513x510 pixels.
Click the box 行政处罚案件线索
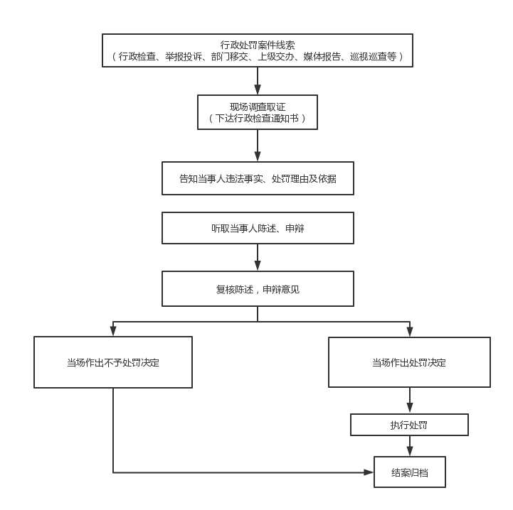click(x=258, y=50)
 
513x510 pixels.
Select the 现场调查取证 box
click(x=258, y=112)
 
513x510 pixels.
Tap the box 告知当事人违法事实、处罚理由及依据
click(x=258, y=178)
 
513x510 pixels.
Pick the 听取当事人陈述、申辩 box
click(x=258, y=228)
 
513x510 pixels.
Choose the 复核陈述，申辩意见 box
click(x=258, y=289)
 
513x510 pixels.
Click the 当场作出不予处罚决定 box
click(x=113, y=362)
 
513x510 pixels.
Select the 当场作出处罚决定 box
click(x=409, y=362)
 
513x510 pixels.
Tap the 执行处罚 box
click(x=409, y=425)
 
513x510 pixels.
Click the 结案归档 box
click(x=410, y=472)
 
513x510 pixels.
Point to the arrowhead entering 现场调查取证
click(x=258, y=89)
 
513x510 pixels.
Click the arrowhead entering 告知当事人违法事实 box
click(x=258, y=156)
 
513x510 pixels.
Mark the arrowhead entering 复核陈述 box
click(x=258, y=266)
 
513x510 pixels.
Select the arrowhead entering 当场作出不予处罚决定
click(x=113, y=331)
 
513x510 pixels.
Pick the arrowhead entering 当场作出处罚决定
click(x=410, y=332)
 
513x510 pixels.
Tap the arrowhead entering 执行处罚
click(x=410, y=408)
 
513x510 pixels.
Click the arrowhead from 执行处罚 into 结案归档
click(x=410, y=452)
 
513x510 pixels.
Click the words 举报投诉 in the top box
click(x=184, y=57)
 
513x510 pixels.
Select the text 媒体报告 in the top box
click(x=322, y=57)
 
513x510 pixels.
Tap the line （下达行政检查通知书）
click(x=258, y=118)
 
